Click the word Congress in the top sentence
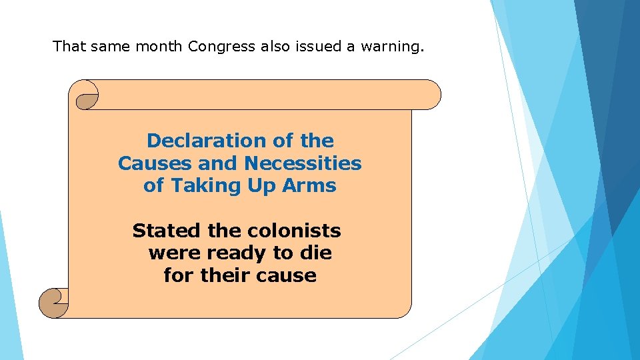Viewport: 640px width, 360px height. (x=222, y=47)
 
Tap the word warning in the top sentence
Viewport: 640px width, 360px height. (x=391, y=47)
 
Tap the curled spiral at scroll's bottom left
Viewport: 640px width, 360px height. (x=53, y=303)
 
